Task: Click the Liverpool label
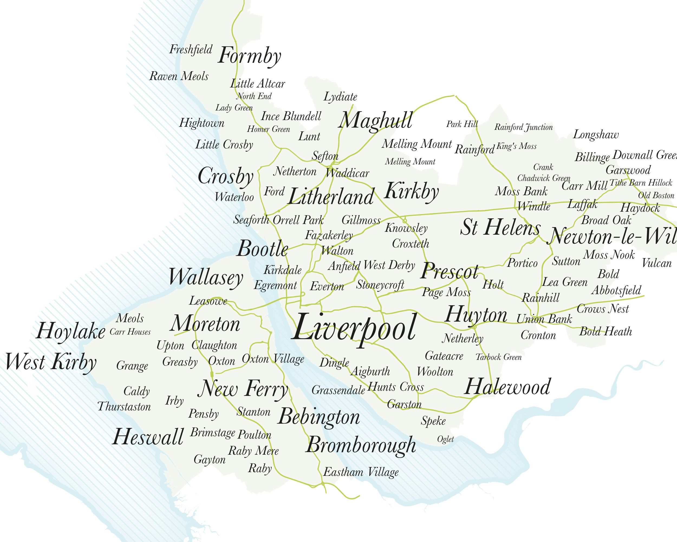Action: [354, 328]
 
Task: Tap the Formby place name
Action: [249, 56]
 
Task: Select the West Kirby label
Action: [51, 362]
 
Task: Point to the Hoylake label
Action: [71, 331]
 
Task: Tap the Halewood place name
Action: [507, 387]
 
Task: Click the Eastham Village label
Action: [361, 472]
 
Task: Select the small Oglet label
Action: [445, 439]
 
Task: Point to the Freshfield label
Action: [191, 50]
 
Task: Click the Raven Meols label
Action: [179, 76]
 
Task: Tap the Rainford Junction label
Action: [523, 127]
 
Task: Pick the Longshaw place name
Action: [596, 135]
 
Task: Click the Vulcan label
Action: [657, 263]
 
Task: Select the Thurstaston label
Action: [124, 406]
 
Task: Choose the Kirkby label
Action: [411, 191]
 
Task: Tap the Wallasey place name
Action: [206, 278]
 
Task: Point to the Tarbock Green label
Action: [498, 357]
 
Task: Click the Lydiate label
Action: [340, 97]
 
